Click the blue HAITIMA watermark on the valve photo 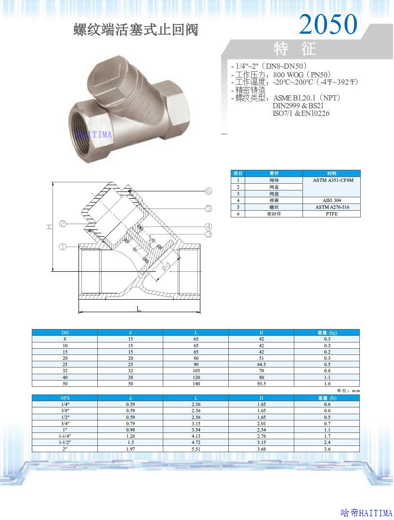[x=94, y=134]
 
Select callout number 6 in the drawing [x=208, y=190]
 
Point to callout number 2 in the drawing [x=63, y=224]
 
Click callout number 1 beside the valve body [x=63, y=247]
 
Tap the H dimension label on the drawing [x=49, y=227]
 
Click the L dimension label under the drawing [x=139, y=309]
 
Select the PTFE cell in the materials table [x=331, y=214]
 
